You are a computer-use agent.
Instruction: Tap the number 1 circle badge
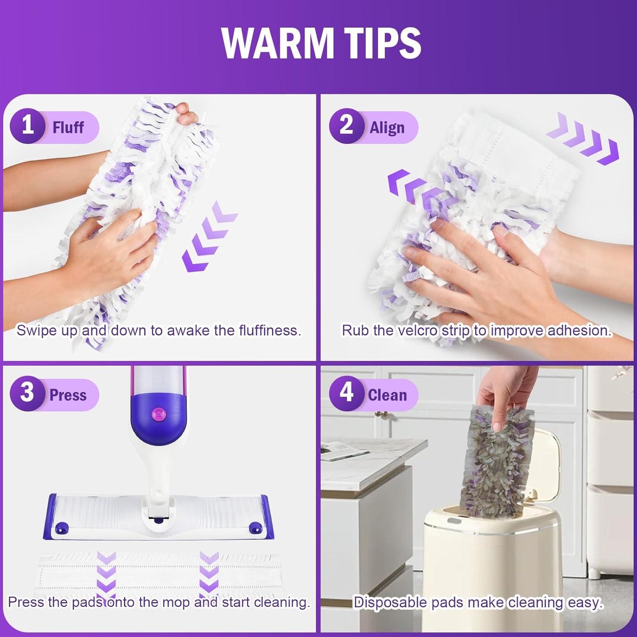click(28, 126)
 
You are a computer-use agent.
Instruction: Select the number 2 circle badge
click(347, 126)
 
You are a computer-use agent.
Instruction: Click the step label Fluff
click(68, 127)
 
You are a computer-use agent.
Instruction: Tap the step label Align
click(387, 127)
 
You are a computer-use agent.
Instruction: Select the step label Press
click(68, 395)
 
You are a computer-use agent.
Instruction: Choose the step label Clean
click(387, 395)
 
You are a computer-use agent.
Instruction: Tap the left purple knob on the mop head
click(62, 528)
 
